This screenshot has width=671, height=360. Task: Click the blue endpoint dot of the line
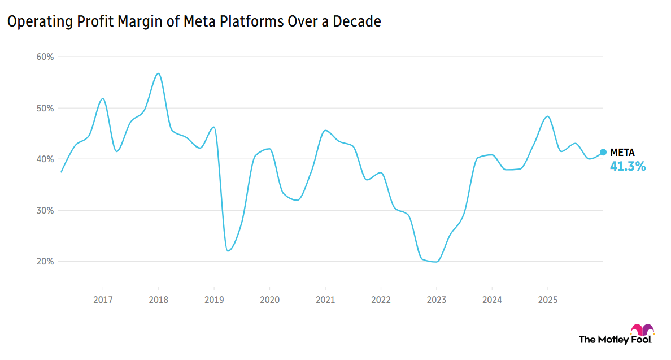[603, 152]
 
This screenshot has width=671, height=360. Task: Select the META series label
[622, 153]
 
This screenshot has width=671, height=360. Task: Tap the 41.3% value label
[628, 167]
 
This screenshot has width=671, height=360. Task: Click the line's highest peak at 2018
[158, 73]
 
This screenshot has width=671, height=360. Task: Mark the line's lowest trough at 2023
[435, 262]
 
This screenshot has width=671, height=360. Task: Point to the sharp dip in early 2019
[228, 250]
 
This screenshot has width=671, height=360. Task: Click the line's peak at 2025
[547, 116]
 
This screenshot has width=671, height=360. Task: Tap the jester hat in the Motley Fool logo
[642, 329]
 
